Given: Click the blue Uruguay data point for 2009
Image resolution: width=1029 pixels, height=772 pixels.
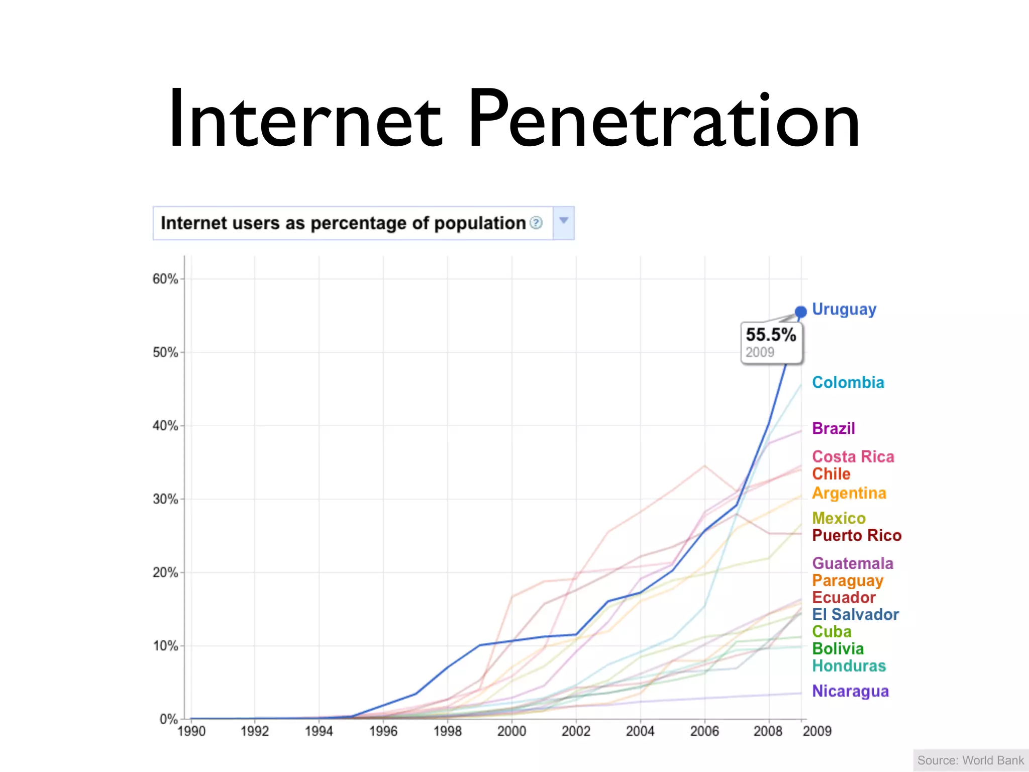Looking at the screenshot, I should pos(801,312).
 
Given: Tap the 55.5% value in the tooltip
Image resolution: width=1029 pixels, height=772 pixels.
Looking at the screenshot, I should pos(771,335).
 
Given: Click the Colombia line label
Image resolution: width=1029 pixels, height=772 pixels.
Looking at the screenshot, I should pos(848,382).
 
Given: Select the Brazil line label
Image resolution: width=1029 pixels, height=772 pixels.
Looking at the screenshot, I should pos(834,429).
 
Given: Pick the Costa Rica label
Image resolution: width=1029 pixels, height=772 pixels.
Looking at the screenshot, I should pos(853,457).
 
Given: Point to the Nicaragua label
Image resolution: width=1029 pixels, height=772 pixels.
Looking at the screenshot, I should pos(851,691).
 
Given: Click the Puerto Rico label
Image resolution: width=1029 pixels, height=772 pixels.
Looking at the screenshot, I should pos(857,535).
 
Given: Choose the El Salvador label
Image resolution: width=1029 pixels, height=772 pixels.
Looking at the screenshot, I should pos(856,615).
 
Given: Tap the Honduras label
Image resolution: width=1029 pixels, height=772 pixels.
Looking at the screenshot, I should pos(849,666).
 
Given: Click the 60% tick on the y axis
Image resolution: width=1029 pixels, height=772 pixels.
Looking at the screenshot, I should pos(165,279).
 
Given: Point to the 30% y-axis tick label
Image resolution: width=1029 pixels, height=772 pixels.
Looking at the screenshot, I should pos(165,499).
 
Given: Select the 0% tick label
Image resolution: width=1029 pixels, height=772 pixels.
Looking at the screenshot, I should pos(168,719).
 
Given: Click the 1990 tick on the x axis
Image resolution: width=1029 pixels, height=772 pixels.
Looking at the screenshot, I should pos(191,731).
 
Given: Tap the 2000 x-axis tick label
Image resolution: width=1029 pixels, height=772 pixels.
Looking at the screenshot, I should pos(512,731).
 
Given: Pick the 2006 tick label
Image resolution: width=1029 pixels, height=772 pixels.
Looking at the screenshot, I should pos(704,731).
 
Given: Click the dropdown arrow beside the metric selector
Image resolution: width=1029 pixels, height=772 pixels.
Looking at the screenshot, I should pos(564,221).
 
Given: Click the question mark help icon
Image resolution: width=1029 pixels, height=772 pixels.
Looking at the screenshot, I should pos(536,223).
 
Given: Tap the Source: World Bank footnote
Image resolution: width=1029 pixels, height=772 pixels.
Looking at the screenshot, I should pos(971,760).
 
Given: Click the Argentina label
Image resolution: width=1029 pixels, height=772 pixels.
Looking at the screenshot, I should pos(849,493).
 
